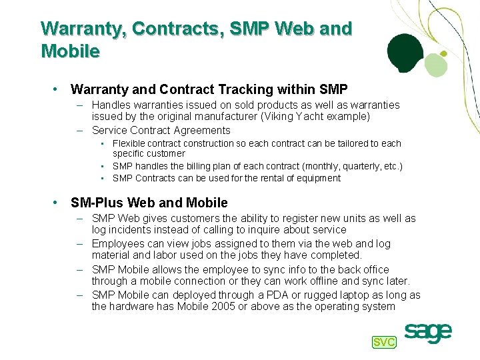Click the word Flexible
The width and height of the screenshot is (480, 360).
tap(127, 143)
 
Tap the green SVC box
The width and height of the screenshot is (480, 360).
tap(383, 342)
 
